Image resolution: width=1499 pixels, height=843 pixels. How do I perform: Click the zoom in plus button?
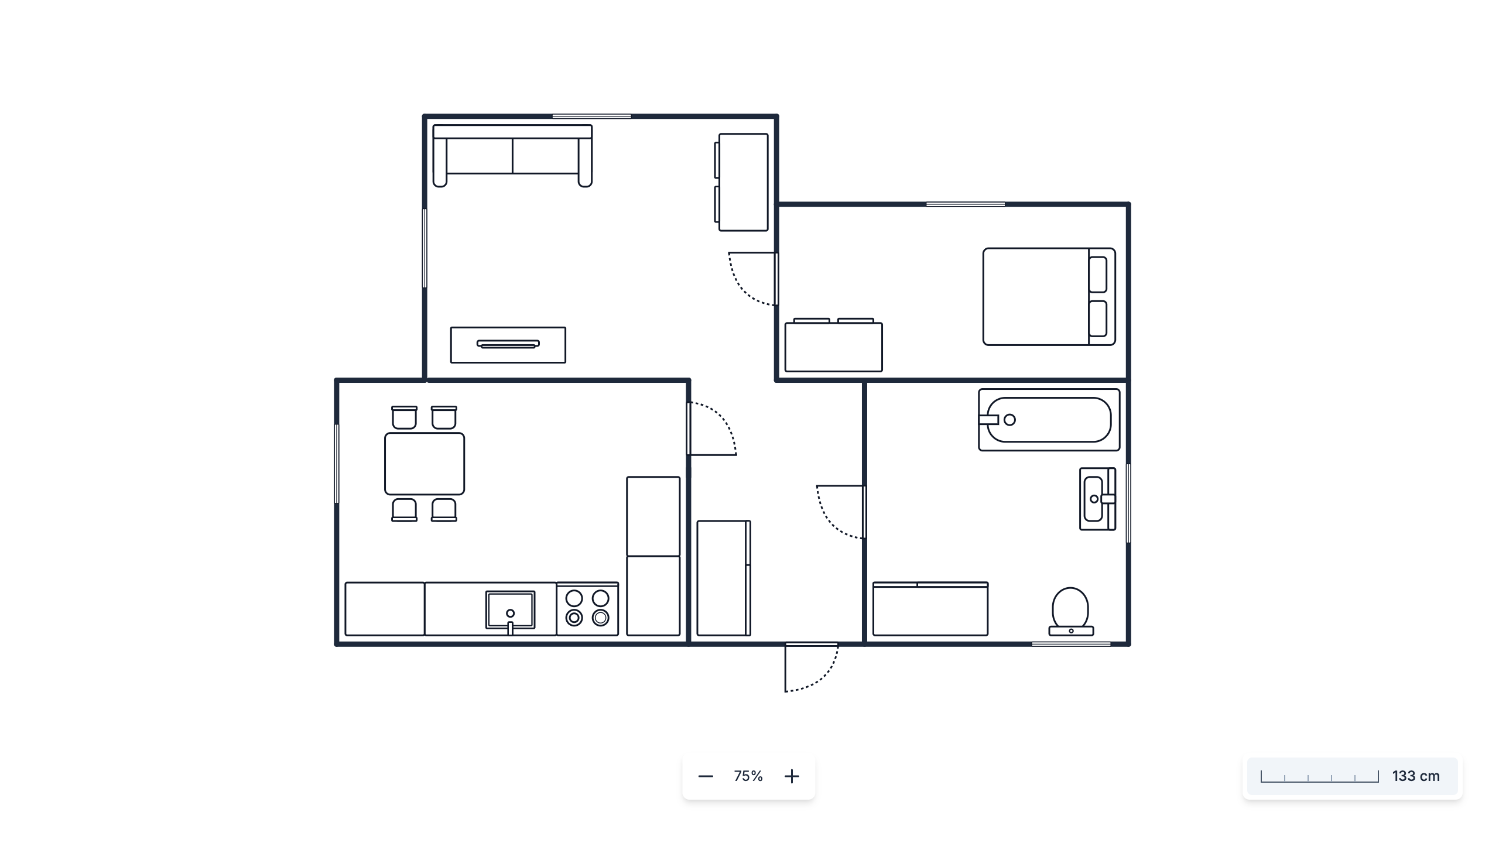point(792,776)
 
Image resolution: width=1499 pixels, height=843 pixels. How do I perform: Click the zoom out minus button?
point(706,776)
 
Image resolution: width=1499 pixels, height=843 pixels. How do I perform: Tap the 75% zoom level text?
point(748,776)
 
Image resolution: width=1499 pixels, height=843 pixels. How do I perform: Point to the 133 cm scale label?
point(1416,776)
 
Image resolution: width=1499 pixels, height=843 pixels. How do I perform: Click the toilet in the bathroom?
point(1071,611)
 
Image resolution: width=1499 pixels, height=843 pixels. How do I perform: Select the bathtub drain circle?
point(1009,420)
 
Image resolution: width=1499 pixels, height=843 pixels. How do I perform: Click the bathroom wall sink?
point(1097,499)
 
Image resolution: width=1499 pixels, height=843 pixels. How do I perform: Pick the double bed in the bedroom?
point(1049,297)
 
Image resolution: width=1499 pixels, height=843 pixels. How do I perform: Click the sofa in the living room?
point(512,156)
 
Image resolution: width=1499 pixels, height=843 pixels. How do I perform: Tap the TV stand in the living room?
point(508,345)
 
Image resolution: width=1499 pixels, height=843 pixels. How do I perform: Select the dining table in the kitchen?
point(425,464)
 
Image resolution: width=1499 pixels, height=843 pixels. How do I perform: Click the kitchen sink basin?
point(510,610)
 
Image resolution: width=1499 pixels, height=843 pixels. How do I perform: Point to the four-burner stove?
point(587,609)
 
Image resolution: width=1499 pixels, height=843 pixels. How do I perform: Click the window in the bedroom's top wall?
point(966,204)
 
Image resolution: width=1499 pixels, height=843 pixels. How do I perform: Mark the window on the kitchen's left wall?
point(337,464)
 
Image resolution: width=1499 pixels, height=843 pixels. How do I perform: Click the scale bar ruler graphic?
point(1320,776)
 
